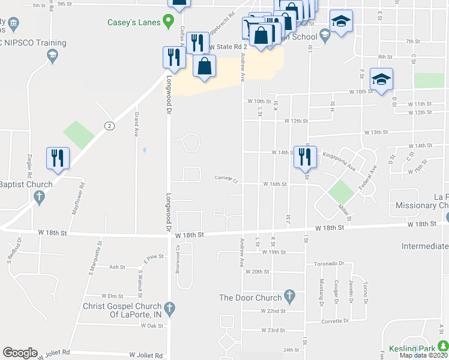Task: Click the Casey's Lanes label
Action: tap(134, 23)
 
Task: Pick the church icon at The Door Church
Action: tap(290, 296)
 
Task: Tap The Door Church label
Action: tap(250, 298)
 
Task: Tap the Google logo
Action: tap(20, 353)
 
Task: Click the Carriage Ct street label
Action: tap(227, 178)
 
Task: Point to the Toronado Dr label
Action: tap(328, 263)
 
